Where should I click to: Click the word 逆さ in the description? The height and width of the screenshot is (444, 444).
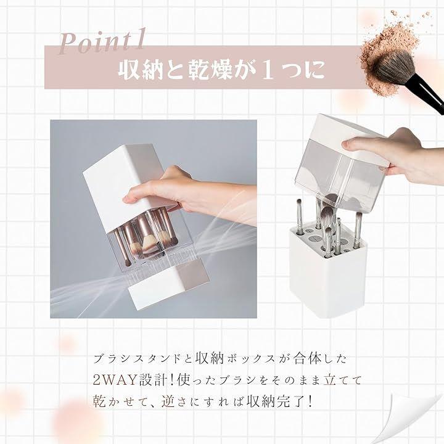pyautogui.click(x=175, y=401)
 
